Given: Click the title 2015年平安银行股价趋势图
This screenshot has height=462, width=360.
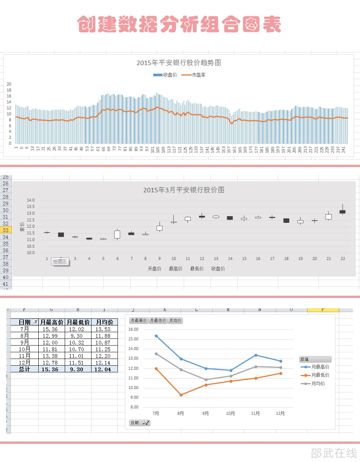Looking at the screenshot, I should pyautogui.click(x=179, y=63).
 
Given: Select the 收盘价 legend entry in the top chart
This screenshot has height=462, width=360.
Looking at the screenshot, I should pyautogui.click(x=165, y=75).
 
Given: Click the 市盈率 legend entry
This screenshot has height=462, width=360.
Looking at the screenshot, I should pyautogui.click(x=193, y=75).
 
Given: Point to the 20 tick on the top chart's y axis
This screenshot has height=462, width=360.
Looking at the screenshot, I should pyautogui.click(x=9, y=84).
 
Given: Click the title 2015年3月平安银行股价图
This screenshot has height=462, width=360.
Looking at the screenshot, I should pyautogui.click(x=184, y=190).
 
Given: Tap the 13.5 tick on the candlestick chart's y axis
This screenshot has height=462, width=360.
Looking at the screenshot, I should pyautogui.click(x=30, y=207).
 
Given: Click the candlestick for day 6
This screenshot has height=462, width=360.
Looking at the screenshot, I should pyautogui.click(x=117, y=234).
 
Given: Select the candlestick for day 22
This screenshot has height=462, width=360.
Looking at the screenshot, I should pyautogui.click(x=343, y=212).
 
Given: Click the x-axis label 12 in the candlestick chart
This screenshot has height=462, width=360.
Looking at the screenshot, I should pyautogui.click(x=202, y=259).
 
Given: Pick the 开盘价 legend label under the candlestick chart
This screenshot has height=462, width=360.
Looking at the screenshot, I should pyautogui.click(x=154, y=269).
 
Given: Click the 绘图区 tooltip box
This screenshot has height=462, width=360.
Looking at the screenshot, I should pyautogui.click(x=60, y=262).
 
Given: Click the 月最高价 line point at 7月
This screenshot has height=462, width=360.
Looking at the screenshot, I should pyautogui.click(x=156, y=336).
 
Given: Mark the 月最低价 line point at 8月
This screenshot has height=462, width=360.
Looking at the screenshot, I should pyautogui.click(x=181, y=395).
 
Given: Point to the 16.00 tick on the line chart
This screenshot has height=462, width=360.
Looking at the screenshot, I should pyautogui.click(x=133, y=329).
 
